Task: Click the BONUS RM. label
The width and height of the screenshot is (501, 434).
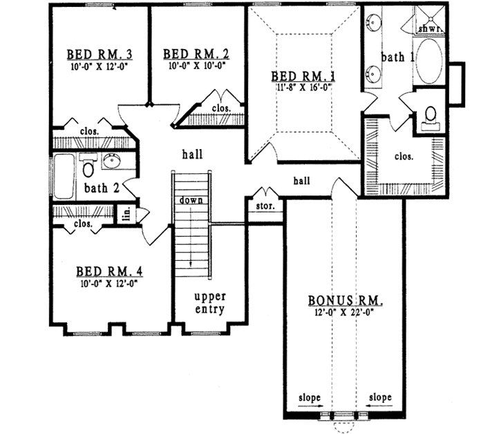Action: pos(345,302)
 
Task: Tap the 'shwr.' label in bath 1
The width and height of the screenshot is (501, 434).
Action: pos(429,28)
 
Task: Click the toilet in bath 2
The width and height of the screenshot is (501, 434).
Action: pos(88,166)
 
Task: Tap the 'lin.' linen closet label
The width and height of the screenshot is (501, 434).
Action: pos(126,215)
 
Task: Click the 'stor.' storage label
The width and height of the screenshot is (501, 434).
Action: pos(265,206)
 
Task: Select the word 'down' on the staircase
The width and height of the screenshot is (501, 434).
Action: pos(191,200)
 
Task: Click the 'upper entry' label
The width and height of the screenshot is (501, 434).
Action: pos(209,303)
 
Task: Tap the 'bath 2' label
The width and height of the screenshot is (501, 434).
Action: pos(102,188)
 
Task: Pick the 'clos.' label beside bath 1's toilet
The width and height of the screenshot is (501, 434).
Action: pos(404,156)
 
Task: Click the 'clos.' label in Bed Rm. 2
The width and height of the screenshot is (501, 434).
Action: pos(221,109)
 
